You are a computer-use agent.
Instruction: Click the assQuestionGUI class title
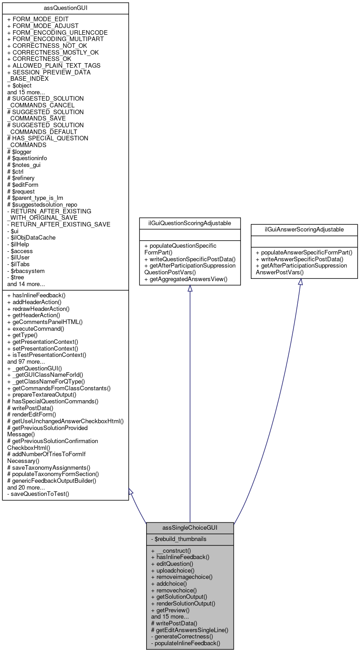(x=65, y=8)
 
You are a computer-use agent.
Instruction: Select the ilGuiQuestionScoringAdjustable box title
(x=190, y=222)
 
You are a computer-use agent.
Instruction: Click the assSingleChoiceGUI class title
(x=190, y=527)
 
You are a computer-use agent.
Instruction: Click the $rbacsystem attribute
(x=26, y=271)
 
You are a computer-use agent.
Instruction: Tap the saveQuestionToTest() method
(x=38, y=494)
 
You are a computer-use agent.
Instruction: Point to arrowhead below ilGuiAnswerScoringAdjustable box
(x=300, y=282)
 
